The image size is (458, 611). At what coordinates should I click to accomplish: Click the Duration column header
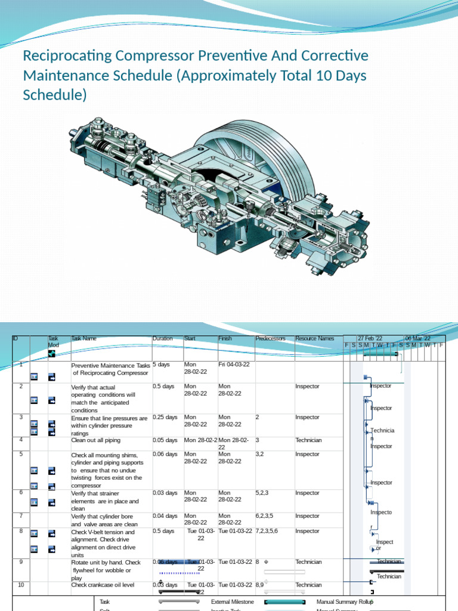pos(162,338)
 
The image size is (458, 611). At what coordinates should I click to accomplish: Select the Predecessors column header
pos(270,338)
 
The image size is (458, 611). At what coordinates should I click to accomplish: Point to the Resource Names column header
pos(314,338)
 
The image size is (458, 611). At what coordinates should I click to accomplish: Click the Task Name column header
pos(83,338)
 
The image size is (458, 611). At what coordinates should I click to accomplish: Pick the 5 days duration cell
pos(161,365)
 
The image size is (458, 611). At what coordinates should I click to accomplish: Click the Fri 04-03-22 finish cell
pos(234,365)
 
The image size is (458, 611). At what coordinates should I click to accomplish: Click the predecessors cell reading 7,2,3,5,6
pos(270,531)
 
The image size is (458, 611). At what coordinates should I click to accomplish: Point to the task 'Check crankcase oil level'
pos(103,585)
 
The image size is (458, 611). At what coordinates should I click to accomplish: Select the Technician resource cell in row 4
pos(308,440)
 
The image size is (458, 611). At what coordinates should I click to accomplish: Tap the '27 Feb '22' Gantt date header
pos(370,338)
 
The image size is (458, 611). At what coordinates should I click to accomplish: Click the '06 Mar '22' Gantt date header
pos(417,338)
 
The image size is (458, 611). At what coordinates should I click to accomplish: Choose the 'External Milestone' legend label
pos(232,602)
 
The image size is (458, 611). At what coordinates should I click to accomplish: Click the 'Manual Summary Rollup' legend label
pos(345,602)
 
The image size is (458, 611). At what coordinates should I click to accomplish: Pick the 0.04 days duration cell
pos(165,516)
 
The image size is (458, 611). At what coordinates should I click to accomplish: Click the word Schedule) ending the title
pos(54,95)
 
